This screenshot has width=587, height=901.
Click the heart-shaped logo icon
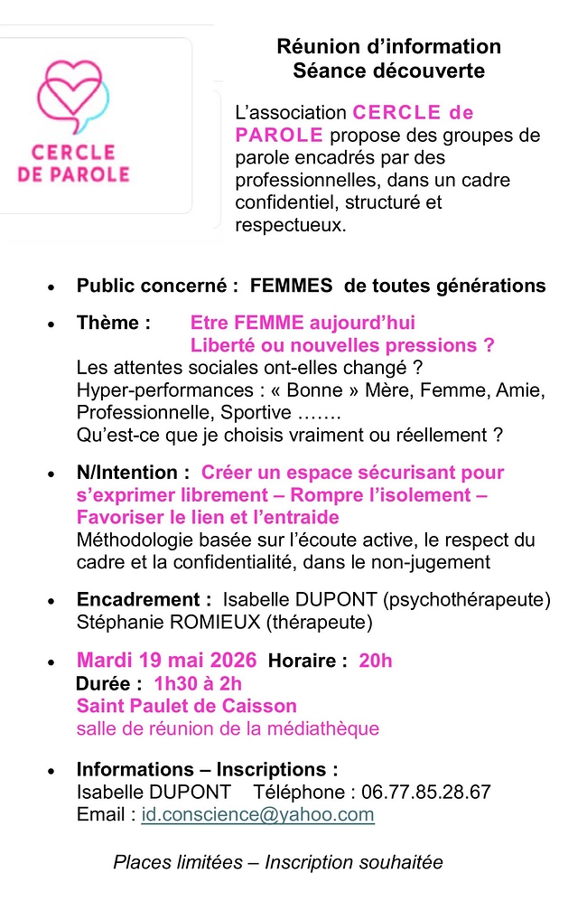[x=72, y=94]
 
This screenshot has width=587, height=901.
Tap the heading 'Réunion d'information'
[x=388, y=46]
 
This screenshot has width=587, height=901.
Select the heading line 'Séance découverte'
[x=388, y=70]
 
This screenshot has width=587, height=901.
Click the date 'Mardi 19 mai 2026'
[x=166, y=661]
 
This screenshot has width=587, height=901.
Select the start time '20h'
[x=376, y=662]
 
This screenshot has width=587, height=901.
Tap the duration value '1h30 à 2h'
[x=198, y=683]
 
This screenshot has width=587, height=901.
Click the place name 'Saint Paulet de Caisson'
[x=187, y=706]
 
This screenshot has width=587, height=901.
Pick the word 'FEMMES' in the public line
[x=293, y=286]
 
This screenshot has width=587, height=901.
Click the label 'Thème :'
[x=114, y=323]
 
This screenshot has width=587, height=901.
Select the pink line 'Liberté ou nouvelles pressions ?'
[x=342, y=345]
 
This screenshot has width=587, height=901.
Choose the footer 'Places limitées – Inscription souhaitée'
[x=278, y=862]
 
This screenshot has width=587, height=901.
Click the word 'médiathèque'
[x=326, y=728]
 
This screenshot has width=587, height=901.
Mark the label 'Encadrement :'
[x=144, y=599]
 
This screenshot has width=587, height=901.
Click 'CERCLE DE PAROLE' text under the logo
[x=73, y=162]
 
